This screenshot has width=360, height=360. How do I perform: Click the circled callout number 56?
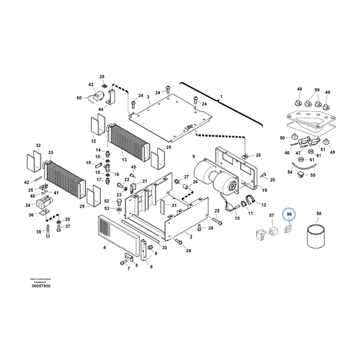[x=289, y=214]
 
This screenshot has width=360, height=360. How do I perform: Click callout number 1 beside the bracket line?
[x=221, y=96]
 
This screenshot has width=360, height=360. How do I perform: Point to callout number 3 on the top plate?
[x=148, y=96]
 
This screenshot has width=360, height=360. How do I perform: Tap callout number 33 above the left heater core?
[x=50, y=153]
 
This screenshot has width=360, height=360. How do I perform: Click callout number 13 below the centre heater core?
[x=124, y=161]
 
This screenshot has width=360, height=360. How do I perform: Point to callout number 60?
[x=78, y=98]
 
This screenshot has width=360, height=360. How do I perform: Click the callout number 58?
[x=319, y=213]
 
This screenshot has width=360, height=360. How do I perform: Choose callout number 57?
[x=271, y=215]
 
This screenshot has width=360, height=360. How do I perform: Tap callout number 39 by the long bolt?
[x=38, y=232]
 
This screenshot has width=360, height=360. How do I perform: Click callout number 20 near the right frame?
[x=272, y=179]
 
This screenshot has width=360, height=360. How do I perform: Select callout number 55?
[x=313, y=175]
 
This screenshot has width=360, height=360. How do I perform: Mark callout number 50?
[x=282, y=138]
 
